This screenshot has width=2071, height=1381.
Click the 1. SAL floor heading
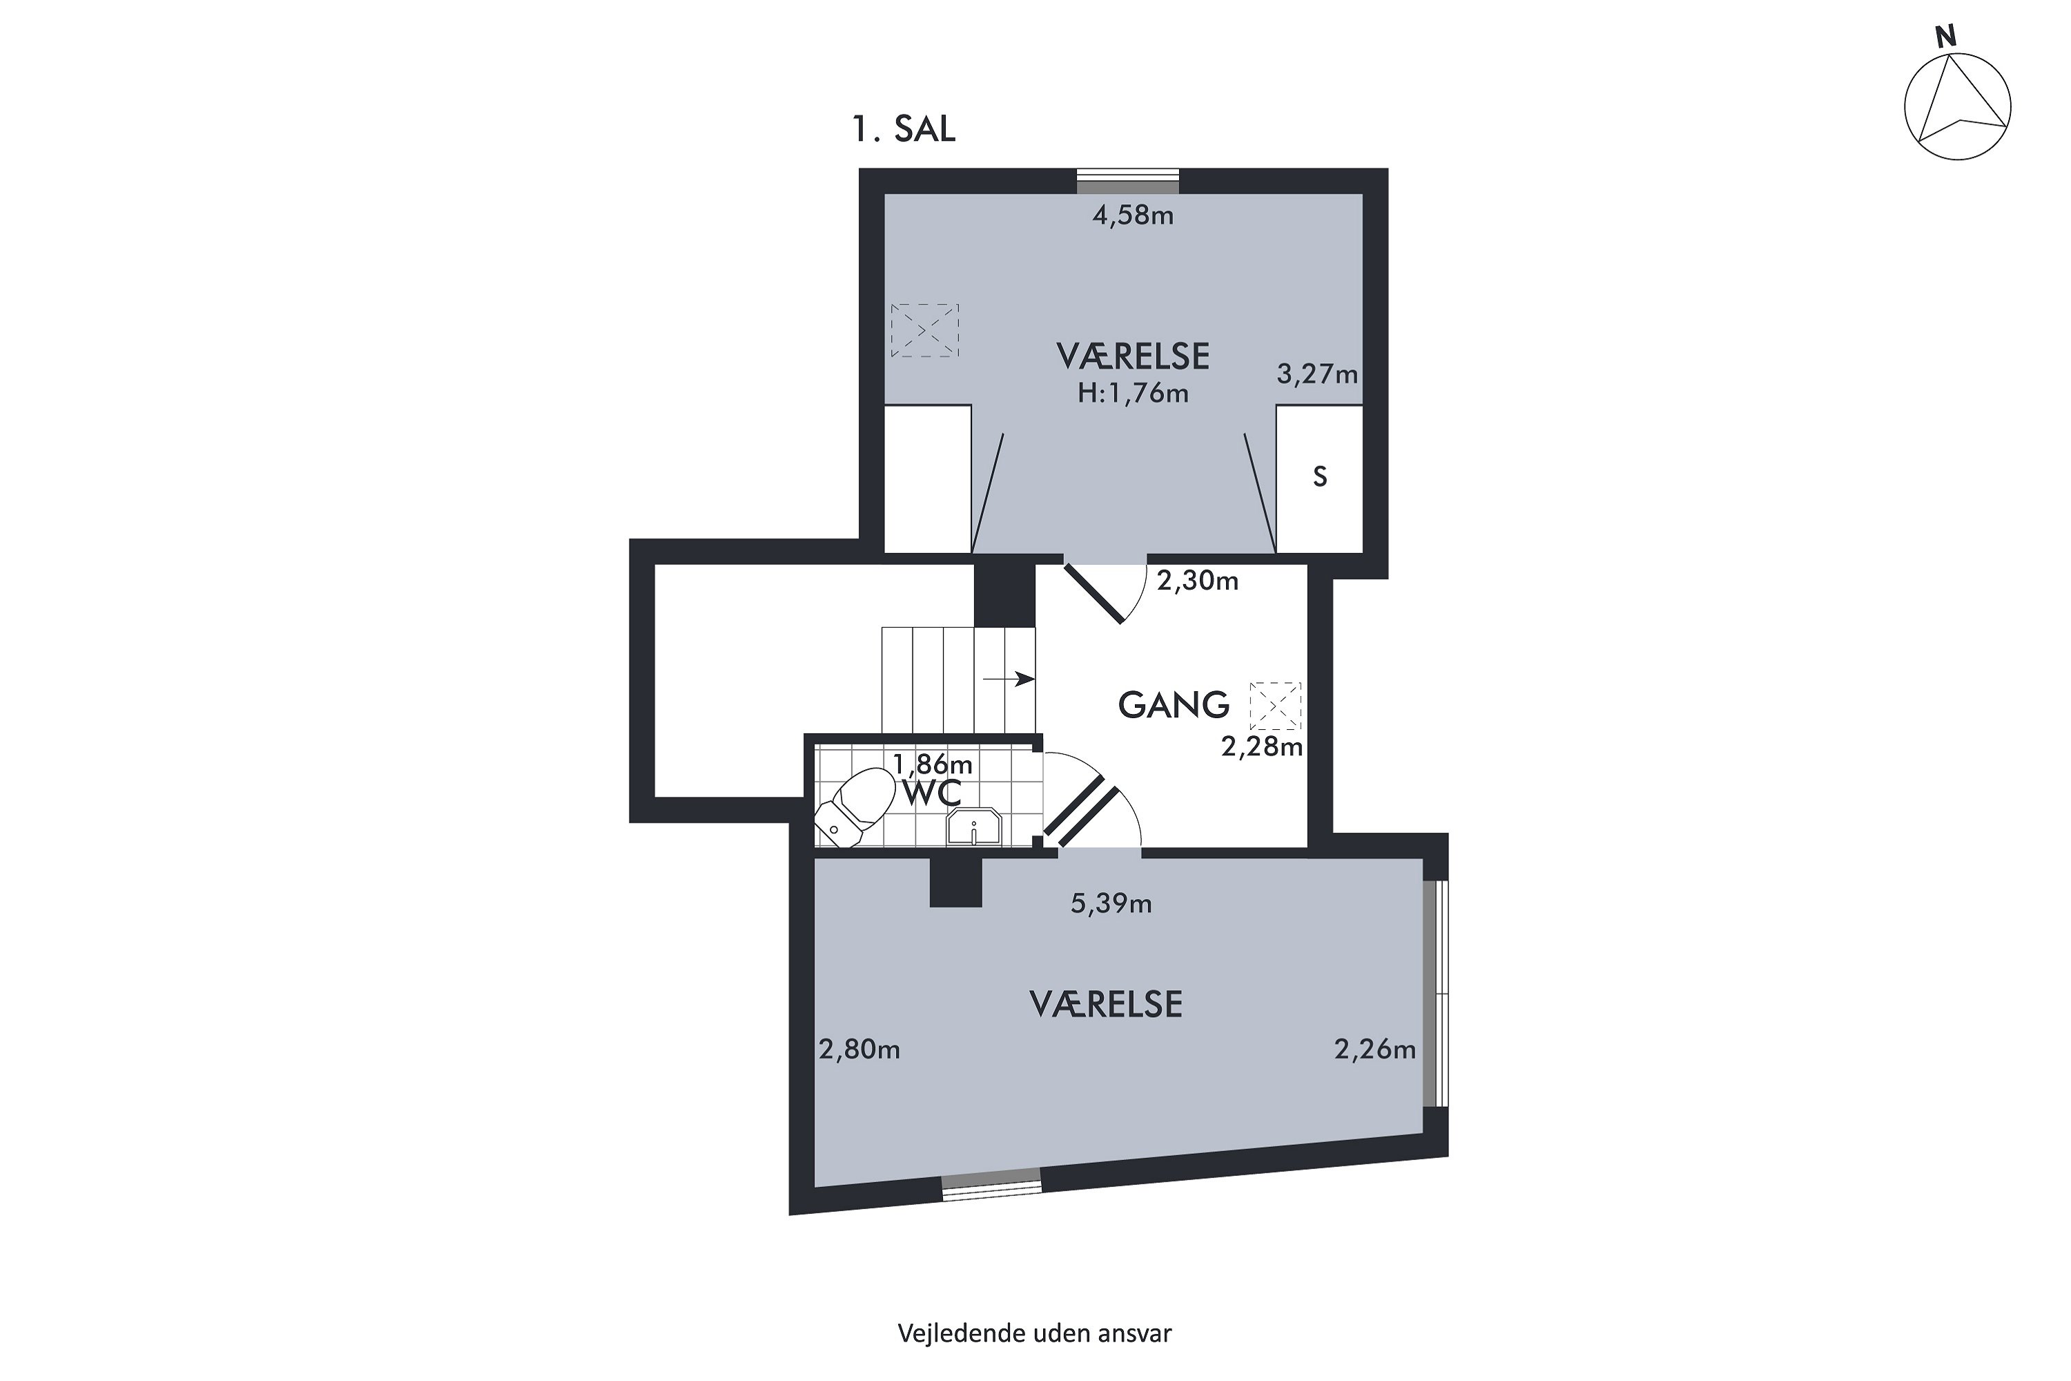click(904, 130)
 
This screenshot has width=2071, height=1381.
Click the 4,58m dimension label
click(1134, 215)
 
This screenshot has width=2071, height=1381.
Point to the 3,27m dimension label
click(1317, 374)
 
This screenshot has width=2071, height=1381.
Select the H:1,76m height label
click(1134, 393)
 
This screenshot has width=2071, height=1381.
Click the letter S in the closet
click(1320, 476)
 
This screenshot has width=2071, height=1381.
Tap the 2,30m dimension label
click(1198, 581)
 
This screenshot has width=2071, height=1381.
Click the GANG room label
click(1174, 704)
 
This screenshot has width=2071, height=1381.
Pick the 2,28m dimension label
click(1262, 747)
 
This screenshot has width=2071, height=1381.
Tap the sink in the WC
click(974, 829)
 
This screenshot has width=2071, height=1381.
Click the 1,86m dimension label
click(933, 763)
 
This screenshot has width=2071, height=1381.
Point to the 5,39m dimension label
click(1111, 904)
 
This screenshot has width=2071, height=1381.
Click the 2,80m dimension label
click(859, 1049)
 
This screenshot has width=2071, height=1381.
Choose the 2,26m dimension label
click(1375, 1049)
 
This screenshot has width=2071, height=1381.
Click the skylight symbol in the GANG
click(1275, 706)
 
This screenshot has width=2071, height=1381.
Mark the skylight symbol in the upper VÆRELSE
click(924, 330)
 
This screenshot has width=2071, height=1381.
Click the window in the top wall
click(1128, 180)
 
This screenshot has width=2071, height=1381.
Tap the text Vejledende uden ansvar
click(1035, 1333)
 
